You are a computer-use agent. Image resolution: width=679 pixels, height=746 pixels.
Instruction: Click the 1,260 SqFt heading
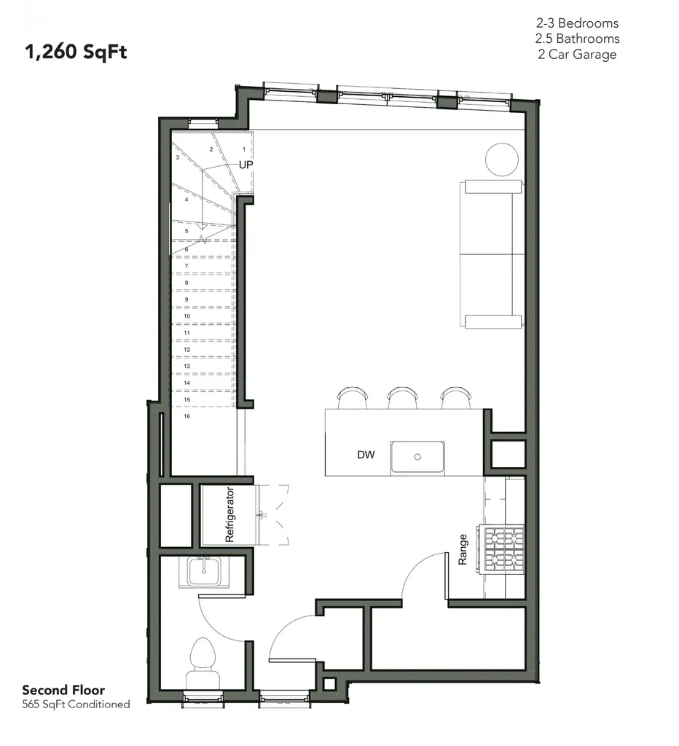pos(76,52)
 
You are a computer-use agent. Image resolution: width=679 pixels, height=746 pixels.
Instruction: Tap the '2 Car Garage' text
pos(577,54)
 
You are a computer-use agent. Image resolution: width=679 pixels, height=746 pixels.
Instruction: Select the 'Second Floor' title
pos(63,690)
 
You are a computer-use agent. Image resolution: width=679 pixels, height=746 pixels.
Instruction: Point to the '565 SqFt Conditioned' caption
pos(76,704)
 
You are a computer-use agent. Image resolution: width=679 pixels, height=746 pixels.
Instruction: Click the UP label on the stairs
pos(246,165)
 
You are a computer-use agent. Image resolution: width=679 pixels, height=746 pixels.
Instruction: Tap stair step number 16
pos(187,416)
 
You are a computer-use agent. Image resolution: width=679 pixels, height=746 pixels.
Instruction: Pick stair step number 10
pos(187,316)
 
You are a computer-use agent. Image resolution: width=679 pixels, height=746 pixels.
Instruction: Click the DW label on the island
pos(366,455)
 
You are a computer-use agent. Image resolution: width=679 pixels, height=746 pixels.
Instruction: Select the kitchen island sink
pos(417,458)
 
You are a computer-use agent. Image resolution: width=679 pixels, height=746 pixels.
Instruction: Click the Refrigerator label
pos(229,514)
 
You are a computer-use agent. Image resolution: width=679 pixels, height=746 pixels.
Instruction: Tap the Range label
pos(463,549)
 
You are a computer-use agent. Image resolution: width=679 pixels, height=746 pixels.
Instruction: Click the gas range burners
pos(501,549)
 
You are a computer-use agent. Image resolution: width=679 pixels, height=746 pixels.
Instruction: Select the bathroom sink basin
pos(204,573)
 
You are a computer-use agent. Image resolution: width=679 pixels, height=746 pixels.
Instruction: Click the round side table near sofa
pos(502,160)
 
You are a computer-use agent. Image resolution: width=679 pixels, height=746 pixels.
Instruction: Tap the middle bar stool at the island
pos(403,398)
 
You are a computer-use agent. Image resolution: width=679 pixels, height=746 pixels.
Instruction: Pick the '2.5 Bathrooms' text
pos(577,39)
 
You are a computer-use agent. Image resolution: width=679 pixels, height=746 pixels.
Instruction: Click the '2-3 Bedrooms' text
pos(577,23)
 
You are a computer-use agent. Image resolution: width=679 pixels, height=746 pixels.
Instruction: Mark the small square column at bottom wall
pos(329,684)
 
